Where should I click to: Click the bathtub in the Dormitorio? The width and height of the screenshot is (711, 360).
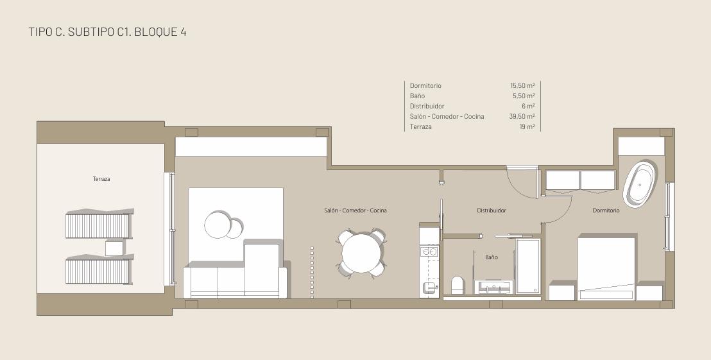coord(640,183)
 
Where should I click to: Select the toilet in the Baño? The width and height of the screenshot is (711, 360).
coord(458,285)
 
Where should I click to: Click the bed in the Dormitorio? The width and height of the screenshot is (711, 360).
coord(606,267)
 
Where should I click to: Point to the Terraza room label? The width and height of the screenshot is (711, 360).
coord(101,179)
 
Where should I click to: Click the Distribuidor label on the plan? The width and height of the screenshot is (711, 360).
coord(492,210)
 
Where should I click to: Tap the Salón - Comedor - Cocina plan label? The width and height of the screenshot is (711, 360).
coord(355,210)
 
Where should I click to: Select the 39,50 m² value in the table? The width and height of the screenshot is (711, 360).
coord(522,117)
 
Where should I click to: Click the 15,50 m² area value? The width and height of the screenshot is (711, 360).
coord(522,86)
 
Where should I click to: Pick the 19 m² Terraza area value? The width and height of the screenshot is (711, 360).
coord(527,127)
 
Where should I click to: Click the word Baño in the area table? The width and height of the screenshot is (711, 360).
coord(417,96)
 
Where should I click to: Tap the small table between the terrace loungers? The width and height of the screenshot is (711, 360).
coord(114,248)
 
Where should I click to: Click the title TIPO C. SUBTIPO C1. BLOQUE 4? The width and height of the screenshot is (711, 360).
coord(107,31)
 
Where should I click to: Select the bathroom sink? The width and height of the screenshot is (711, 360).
coord(493,287)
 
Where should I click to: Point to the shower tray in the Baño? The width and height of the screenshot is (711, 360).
coord(528,266)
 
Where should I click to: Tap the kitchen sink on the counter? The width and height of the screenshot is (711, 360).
coord(429,287)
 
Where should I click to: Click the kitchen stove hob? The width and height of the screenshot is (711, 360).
coord(429,251)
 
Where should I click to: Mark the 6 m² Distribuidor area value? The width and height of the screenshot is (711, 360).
coord(528,106)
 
